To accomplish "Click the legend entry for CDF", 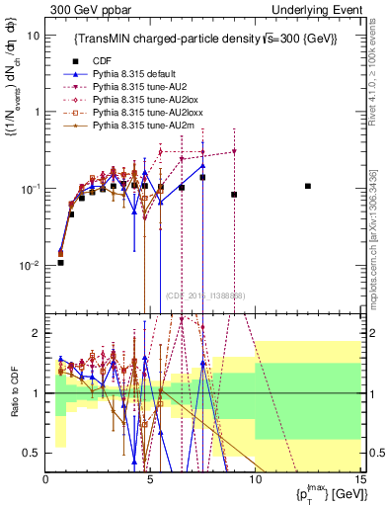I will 102,61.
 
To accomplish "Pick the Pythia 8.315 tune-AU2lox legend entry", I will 140,100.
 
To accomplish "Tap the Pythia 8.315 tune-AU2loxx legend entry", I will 142,113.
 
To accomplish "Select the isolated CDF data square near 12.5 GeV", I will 308,186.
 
